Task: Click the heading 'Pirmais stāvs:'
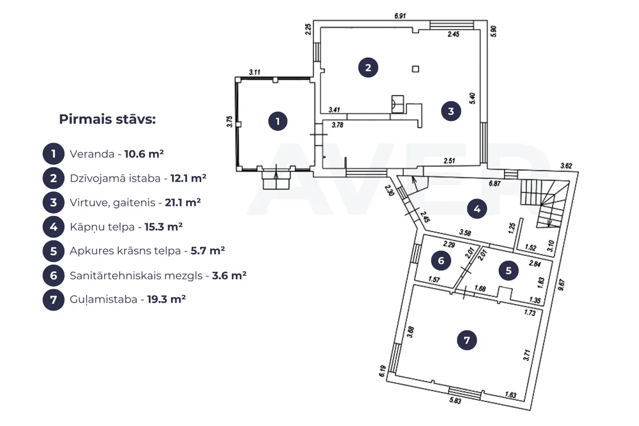pos(107,119)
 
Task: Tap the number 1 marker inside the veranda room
pos(278,121)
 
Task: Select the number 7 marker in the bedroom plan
pos(467,340)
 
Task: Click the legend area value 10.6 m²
pos(144,154)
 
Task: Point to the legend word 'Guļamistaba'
pos(104,300)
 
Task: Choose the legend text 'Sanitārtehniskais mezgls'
pos(136,276)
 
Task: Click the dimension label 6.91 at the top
pos(400,16)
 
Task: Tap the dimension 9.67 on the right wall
pos(561,285)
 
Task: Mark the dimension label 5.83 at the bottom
pos(455,400)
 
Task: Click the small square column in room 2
pos(415,69)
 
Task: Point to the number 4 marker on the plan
pos(477,209)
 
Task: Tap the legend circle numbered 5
pos(53,251)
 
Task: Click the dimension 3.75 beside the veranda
pos(229,122)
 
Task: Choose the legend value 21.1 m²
pos(183,202)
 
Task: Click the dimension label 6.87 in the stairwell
pos(494,183)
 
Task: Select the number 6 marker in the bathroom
pos(441,261)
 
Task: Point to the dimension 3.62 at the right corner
pos(566,165)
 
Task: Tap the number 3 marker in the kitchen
pos(451,111)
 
